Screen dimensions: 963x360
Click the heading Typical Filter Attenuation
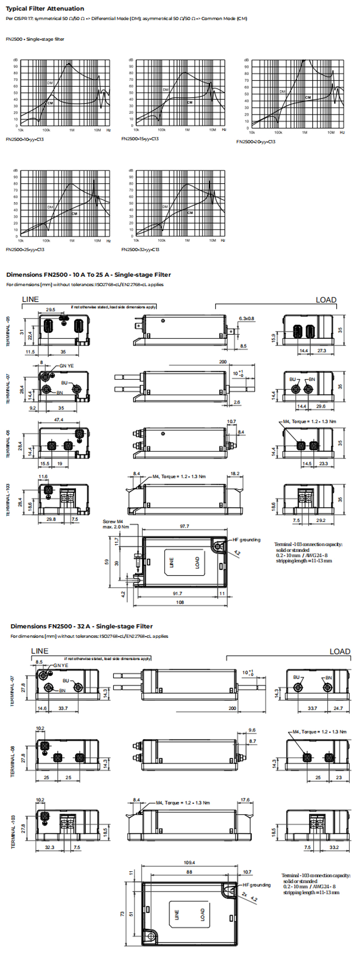[45, 9]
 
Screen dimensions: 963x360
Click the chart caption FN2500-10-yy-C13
[25, 139]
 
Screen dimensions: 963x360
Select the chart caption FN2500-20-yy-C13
[256, 142]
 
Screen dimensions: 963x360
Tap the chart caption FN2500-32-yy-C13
[140, 250]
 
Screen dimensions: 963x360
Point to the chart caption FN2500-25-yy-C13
[25, 250]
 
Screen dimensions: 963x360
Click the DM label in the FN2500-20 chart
[282, 92]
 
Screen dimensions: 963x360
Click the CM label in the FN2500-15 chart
[189, 102]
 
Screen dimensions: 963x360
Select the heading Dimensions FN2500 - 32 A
[81, 626]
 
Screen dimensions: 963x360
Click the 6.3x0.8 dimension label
[246, 319]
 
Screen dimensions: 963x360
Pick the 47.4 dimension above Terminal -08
[58, 420]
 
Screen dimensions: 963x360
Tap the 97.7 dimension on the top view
[184, 526]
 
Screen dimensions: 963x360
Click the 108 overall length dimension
[180, 602]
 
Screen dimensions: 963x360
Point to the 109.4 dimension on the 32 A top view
[189, 863]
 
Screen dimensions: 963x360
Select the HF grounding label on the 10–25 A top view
[246, 540]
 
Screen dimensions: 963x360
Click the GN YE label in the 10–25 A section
[67, 366]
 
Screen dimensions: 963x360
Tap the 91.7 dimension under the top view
[178, 594]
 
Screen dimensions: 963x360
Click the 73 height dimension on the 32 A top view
[122, 914]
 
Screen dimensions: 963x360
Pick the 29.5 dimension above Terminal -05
[50, 310]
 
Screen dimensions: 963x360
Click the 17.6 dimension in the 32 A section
[245, 800]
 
